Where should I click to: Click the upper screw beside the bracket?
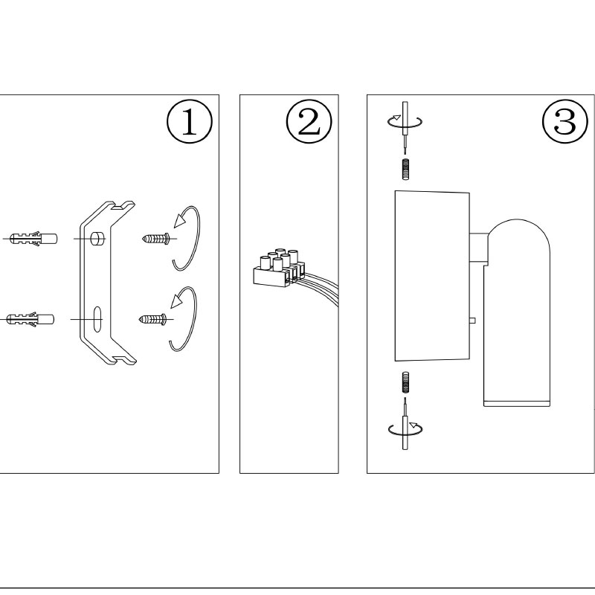click(155, 238)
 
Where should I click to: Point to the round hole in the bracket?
click(97, 238)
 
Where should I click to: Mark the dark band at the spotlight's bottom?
click(516, 404)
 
